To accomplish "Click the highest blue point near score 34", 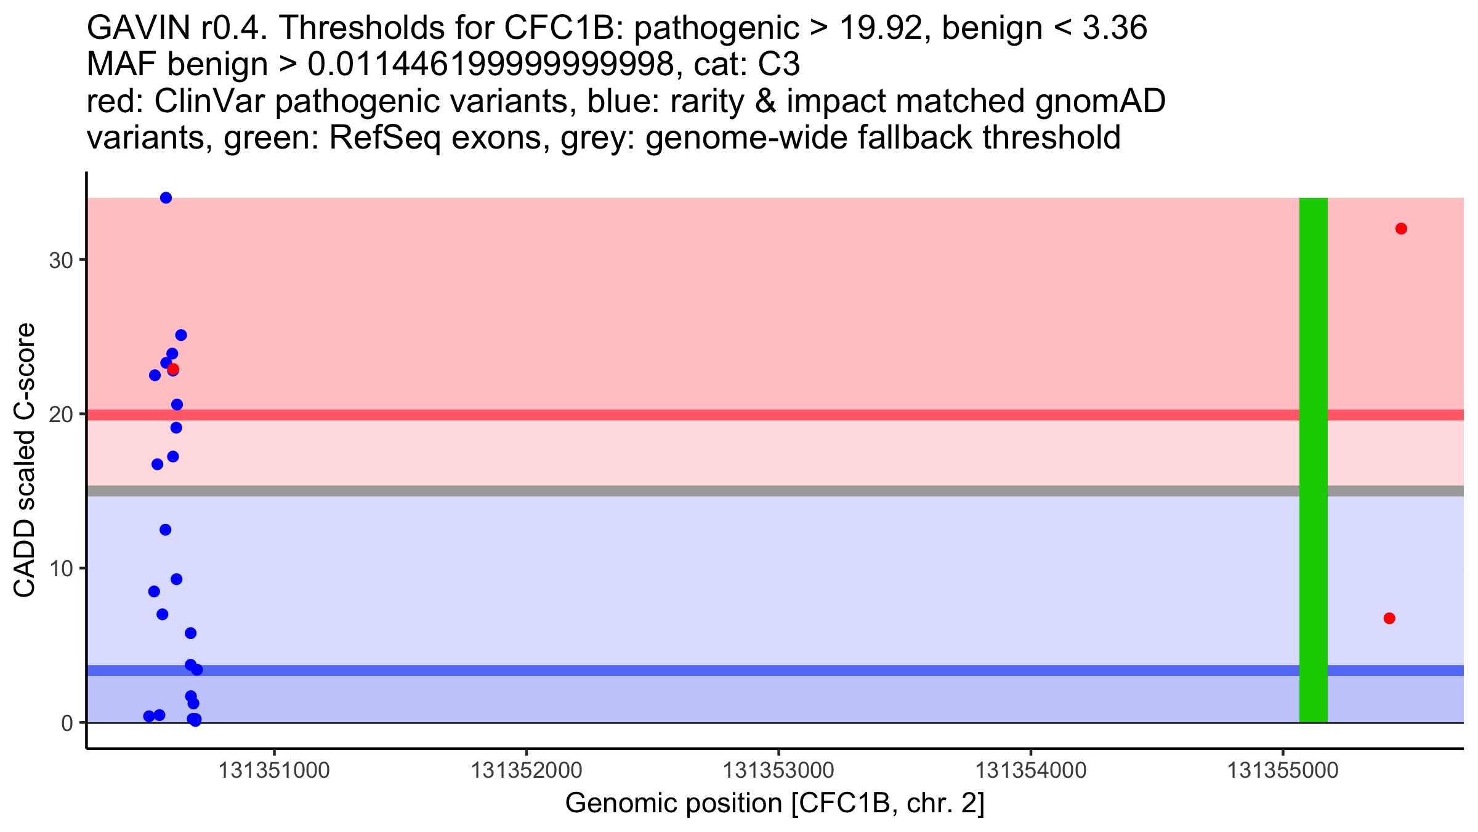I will tap(166, 198).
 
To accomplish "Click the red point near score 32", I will tap(1401, 229).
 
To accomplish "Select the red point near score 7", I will tap(1389, 618).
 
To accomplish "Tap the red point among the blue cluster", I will tap(173, 369).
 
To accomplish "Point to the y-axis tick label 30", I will tap(61, 260).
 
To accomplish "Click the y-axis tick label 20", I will tap(61, 415).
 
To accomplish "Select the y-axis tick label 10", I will tap(61, 569).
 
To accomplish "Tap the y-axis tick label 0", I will tap(67, 723).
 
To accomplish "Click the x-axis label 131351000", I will tap(274, 771).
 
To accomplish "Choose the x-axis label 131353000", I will tap(778, 771).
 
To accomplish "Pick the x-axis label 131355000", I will tap(1283, 771).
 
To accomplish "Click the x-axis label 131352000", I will tap(526, 771).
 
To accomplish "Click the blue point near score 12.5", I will tap(165, 530).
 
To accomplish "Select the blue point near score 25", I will tap(181, 335).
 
